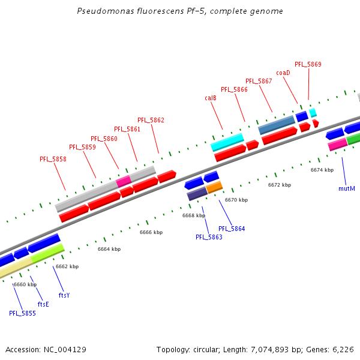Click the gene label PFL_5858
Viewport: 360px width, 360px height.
(x=53, y=159)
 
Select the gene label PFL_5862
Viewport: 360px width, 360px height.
(x=151, y=120)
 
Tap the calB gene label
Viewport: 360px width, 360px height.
(x=211, y=98)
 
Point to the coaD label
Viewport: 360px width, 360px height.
(x=283, y=73)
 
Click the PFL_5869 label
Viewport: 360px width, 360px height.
(x=308, y=64)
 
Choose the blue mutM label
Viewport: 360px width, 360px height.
(x=347, y=188)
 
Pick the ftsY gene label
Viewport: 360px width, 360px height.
(x=64, y=295)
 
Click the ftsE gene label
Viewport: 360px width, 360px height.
(x=43, y=304)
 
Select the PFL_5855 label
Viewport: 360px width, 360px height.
(x=22, y=313)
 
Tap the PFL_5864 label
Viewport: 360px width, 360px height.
(x=232, y=229)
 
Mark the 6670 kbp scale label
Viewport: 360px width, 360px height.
(x=236, y=200)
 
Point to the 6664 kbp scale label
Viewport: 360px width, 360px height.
(x=109, y=249)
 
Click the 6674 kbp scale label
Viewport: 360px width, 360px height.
(x=322, y=170)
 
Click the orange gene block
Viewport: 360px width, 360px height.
(x=214, y=187)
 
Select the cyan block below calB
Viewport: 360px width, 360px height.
(x=227, y=143)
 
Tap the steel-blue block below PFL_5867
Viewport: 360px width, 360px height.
(x=276, y=125)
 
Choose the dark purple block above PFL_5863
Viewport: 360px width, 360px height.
(x=197, y=194)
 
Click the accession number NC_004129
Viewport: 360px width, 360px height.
(x=62, y=349)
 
